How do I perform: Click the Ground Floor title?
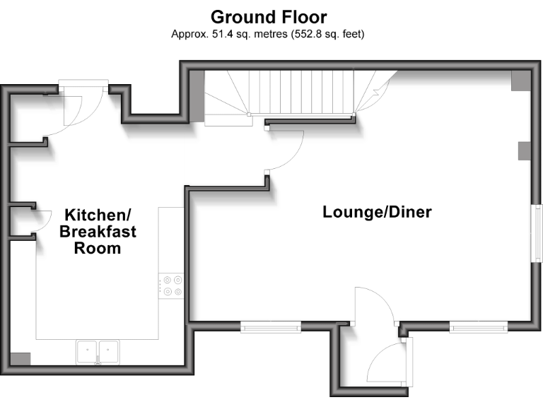(269, 16)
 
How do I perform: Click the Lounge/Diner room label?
(377, 212)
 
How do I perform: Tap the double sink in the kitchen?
(98, 350)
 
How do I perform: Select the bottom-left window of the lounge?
(270, 326)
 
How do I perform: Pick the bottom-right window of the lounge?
(479, 326)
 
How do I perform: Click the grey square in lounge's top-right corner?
(520, 80)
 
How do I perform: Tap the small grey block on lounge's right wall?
(524, 151)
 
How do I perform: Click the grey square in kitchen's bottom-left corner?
(21, 358)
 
